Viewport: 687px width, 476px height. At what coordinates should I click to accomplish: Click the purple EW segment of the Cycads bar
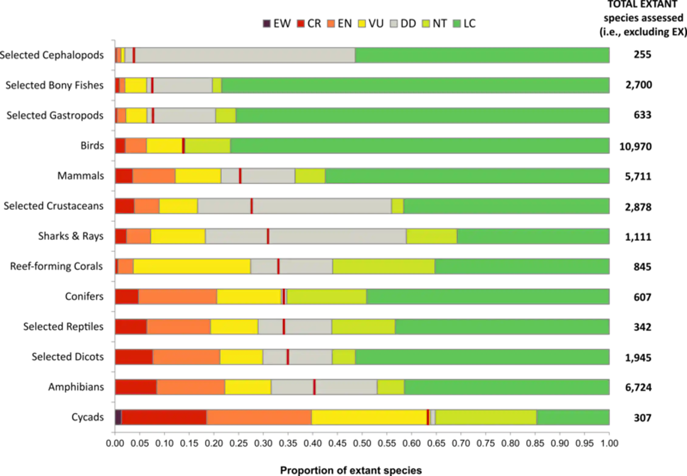(x=118, y=417)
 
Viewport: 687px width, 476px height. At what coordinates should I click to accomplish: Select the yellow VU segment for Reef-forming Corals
(x=192, y=266)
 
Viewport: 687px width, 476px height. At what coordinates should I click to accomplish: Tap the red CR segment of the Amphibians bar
(x=136, y=387)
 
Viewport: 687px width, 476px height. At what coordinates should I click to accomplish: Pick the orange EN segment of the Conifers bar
(x=178, y=296)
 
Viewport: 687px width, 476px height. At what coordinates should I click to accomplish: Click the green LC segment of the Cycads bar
(x=573, y=417)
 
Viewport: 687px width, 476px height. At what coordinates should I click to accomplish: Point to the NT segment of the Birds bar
(x=207, y=146)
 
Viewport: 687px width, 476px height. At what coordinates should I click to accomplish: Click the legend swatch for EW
(x=266, y=23)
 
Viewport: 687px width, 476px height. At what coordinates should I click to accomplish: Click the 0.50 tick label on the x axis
(x=362, y=443)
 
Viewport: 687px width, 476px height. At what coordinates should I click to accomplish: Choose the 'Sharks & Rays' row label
(x=71, y=236)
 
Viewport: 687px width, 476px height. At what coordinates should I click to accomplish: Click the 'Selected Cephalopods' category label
(x=52, y=55)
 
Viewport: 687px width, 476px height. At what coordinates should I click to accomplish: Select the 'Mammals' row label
(x=80, y=176)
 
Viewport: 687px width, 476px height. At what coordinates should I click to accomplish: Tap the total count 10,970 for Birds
(x=635, y=147)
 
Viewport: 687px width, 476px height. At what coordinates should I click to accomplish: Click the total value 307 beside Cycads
(x=642, y=418)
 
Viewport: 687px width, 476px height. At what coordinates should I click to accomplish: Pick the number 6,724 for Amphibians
(x=638, y=388)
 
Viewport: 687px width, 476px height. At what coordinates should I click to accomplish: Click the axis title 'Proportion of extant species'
(x=351, y=470)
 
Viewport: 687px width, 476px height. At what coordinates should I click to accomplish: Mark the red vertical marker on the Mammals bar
(x=240, y=176)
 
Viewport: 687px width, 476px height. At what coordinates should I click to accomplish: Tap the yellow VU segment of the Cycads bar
(x=369, y=417)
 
